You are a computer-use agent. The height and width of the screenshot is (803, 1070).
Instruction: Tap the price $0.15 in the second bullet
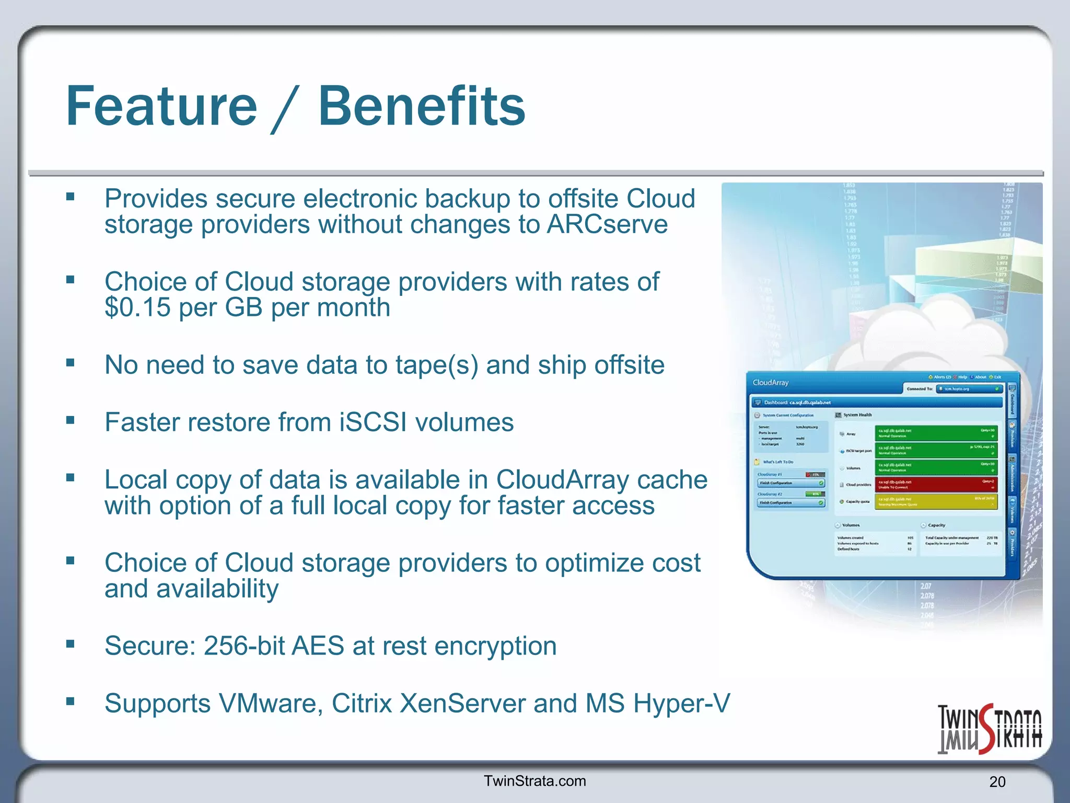[137, 307]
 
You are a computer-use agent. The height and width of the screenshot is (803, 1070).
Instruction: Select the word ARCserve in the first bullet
[607, 225]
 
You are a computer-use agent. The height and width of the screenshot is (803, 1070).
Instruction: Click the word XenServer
[462, 704]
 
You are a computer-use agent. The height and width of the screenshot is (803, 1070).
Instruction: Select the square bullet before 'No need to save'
[71, 362]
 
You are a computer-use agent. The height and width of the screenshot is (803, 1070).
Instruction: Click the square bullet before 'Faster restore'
[71, 420]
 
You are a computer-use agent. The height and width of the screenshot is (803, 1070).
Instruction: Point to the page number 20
[997, 782]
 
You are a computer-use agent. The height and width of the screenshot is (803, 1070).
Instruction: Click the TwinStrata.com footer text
[534, 781]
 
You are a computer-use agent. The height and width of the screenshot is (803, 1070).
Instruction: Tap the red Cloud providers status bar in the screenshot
[936, 484]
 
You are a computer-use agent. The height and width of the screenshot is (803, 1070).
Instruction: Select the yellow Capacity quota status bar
[936, 501]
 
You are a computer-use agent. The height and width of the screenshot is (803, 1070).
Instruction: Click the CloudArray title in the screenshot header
[770, 383]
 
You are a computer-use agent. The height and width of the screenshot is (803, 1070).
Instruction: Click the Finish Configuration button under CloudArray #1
[790, 483]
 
